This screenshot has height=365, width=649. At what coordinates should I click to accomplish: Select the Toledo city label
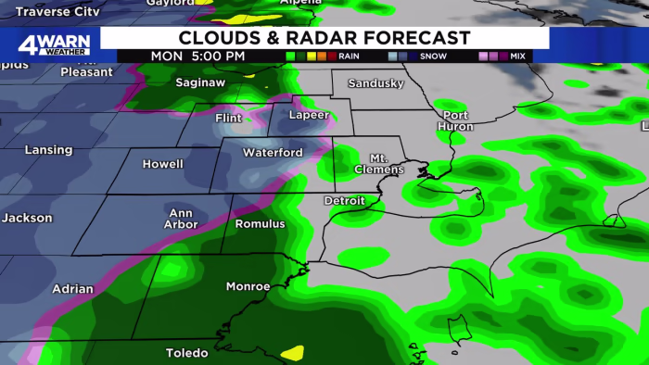tap(187, 353)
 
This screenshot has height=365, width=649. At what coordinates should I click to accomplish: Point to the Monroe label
tap(248, 286)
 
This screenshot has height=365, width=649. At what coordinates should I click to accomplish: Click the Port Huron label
tap(455, 120)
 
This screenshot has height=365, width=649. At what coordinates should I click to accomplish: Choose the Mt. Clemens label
tap(379, 164)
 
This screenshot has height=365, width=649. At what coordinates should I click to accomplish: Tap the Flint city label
tap(227, 119)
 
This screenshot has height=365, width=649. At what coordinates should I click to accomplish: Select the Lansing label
tap(49, 150)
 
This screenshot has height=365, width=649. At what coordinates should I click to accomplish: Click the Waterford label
tap(273, 152)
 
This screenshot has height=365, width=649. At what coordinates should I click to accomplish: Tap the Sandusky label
tap(375, 83)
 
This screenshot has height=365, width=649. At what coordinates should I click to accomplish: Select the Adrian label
tap(71, 289)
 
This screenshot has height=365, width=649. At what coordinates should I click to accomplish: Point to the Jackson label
tap(27, 219)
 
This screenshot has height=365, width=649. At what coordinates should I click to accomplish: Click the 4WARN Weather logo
tap(54, 44)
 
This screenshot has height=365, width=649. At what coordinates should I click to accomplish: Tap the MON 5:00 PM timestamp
tap(199, 56)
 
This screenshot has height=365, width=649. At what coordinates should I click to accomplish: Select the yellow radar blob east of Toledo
tap(292, 352)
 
